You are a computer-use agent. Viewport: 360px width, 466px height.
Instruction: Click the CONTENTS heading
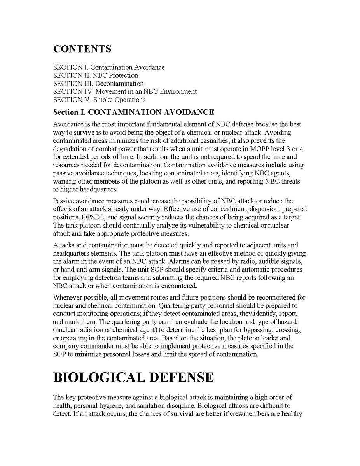82,49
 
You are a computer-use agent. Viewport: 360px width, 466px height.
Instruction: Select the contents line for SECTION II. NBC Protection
95,75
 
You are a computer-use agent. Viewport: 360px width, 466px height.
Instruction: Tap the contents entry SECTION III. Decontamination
98,84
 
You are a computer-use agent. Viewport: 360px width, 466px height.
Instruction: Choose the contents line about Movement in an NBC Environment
125,92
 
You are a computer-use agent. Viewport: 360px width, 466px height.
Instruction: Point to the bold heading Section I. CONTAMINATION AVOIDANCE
133,112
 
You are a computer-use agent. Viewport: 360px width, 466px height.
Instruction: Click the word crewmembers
251,414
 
